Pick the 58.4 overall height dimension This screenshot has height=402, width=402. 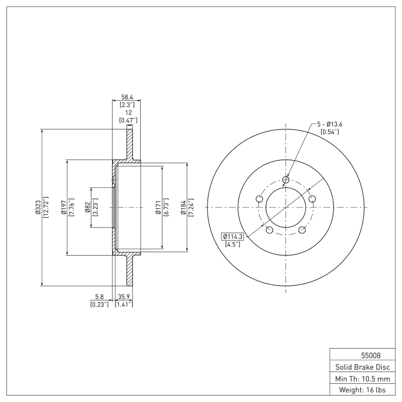point(126,97)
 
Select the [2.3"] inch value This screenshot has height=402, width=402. point(126,105)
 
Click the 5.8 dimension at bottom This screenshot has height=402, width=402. point(99,296)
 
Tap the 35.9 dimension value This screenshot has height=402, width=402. point(124,296)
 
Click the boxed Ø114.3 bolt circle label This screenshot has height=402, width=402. point(232,237)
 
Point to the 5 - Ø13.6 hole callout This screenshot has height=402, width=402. point(329,124)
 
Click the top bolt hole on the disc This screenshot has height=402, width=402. point(286,180)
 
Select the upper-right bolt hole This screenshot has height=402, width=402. point(312,199)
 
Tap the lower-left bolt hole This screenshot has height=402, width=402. point(269,230)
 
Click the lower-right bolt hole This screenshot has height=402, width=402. point(302,230)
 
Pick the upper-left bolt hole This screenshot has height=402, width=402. point(259,199)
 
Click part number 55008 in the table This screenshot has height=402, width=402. point(362,355)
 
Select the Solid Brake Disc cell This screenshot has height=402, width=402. point(362,366)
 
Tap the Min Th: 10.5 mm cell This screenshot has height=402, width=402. point(362,378)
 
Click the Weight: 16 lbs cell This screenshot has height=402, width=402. point(362,389)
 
